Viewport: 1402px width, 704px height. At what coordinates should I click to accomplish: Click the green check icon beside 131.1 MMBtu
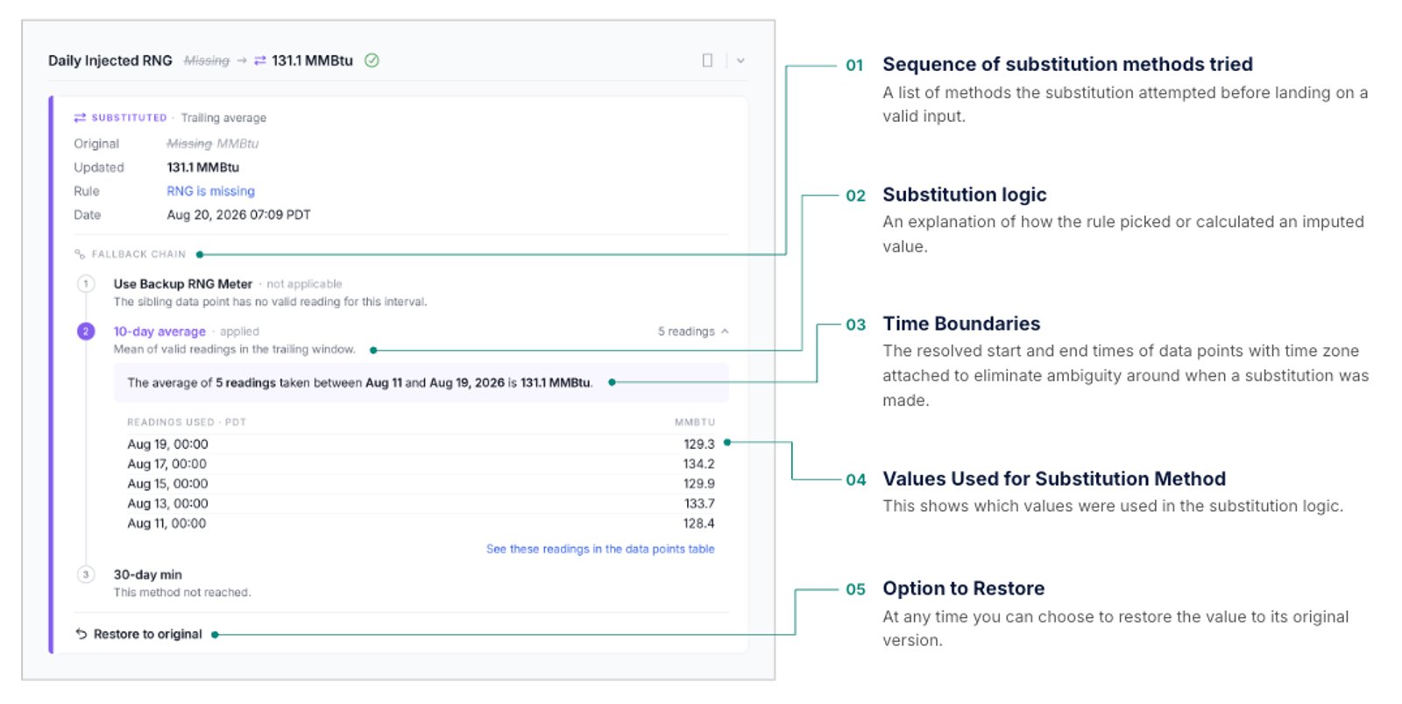[x=372, y=60]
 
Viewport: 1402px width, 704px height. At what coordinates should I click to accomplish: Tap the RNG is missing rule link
[x=210, y=191]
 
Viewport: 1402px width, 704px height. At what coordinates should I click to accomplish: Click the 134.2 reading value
[x=698, y=464]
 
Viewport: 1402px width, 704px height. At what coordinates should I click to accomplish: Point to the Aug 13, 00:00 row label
[x=167, y=503]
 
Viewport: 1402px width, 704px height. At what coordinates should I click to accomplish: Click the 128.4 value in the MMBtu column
[x=698, y=523]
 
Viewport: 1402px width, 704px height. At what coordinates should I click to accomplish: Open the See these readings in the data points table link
[x=600, y=550]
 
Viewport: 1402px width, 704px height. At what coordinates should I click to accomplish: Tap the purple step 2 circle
[x=86, y=331]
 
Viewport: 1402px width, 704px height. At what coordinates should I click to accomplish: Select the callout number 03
[x=855, y=324]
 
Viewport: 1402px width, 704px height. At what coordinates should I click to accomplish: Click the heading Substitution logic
[x=965, y=195]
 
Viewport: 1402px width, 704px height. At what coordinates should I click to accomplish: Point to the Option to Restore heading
[x=963, y=588]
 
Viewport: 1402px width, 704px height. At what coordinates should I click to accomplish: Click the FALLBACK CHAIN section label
[x=138, y=254]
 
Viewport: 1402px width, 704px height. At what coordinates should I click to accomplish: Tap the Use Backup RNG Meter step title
[x=183, y=284]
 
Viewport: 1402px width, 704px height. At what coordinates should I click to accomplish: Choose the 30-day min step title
[x=148, y=574]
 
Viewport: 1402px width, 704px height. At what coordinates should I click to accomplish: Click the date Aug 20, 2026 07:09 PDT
[x=238, y=215]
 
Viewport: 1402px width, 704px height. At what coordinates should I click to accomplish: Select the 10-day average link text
[x=159, y=331]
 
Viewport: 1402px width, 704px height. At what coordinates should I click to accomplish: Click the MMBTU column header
[x=695, y=423]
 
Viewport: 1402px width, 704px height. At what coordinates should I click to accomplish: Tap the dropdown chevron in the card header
[x=740, y=60]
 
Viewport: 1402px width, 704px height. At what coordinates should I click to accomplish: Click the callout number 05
[x=855, y=589]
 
